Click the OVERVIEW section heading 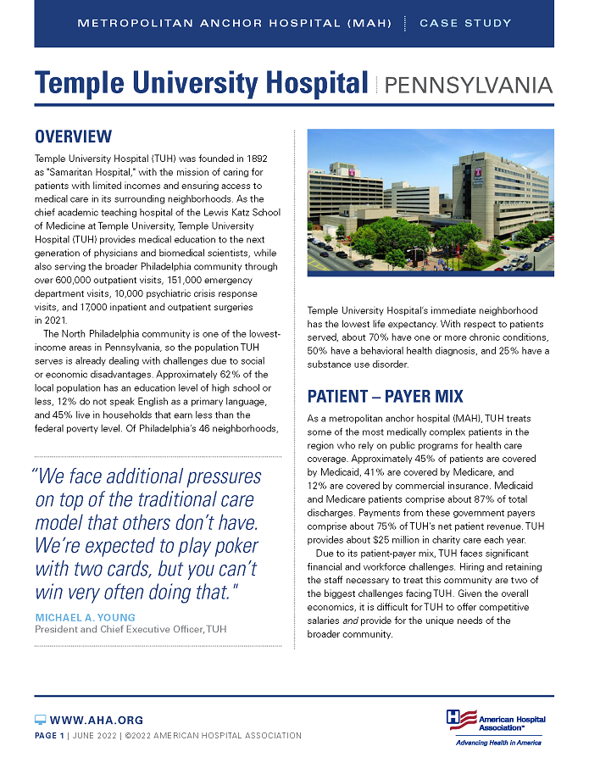[x=73, y=136]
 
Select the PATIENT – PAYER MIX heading [x=386, y=397]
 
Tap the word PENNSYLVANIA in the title [x=469, y=85]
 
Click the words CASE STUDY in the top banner [x=465, y=23]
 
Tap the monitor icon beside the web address [x=40, y=720]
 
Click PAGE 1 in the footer [x=49, y=735]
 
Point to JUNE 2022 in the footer [x=94, y=735]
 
